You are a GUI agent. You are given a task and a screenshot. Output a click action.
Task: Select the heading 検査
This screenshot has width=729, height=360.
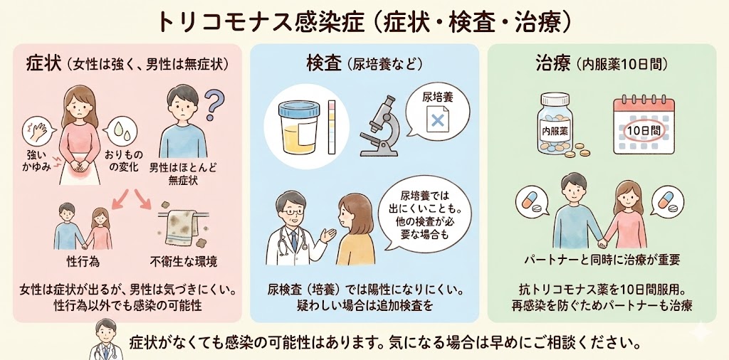(x=324, y=63)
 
